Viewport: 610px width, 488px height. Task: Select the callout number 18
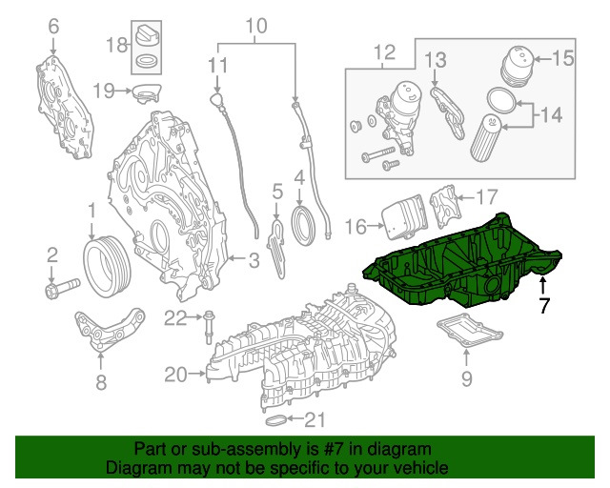click(x=116, y=44)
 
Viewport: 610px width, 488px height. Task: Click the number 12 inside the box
click(x=383, y=51)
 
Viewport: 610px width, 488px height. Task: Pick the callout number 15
click(x=564, y=58)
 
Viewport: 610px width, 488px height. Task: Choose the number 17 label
click(x=486, y=197)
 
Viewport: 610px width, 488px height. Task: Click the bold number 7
click(x=543, y=306)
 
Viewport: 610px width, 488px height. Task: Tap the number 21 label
click(x=315, y=419)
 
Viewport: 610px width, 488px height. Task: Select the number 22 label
click(x=173, y=317)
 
